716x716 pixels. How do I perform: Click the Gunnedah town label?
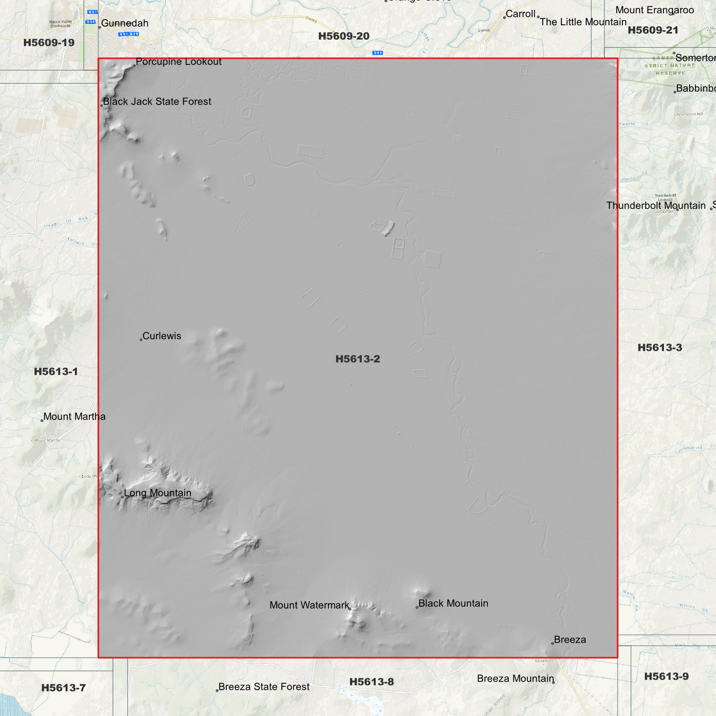(124, 23)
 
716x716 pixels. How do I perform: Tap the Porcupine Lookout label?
(178, 62)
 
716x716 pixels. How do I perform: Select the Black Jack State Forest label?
(157, 102)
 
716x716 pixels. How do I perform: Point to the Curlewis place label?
(162, 336)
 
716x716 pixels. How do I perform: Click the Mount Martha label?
(74, 417)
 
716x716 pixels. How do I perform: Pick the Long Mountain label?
(158, 493)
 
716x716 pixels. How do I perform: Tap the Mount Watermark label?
(309, 605)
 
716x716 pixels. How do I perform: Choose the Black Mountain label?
(453, 604)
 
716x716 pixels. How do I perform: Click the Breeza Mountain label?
(515, 679)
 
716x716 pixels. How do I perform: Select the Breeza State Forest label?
(264, 687)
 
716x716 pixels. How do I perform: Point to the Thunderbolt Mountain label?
(656, 206)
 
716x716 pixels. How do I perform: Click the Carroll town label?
(521, 14)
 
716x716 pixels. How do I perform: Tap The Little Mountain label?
(583, 22)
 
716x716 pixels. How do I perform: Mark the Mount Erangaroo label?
(655, 10)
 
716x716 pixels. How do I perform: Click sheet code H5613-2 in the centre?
(358, 359)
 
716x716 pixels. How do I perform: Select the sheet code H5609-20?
(344, 36)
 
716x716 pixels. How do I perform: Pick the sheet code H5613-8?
(372, 682)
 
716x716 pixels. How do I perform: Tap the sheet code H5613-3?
(660, 348)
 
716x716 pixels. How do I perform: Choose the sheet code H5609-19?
(49, 43)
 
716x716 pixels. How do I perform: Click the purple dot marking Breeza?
(552, 644)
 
